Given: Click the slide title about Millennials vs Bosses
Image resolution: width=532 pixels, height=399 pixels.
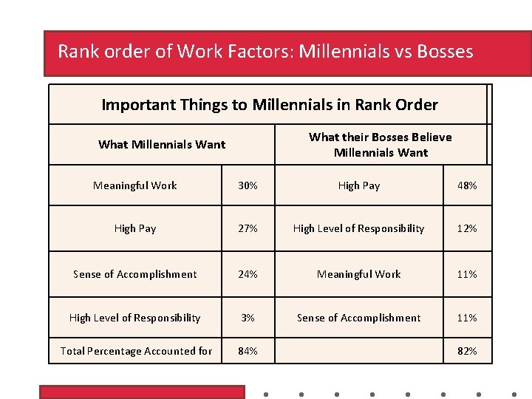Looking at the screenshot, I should (x=265, y=52).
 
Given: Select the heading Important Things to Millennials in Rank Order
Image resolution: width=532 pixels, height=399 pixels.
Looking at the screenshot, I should (x=269, y=105).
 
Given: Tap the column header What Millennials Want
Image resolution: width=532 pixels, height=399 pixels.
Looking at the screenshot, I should (x=162, y=145).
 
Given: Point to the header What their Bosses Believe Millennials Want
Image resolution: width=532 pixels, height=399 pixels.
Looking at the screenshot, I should (x=381, y=145).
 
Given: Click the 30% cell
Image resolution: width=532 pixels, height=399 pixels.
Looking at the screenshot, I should (x=248, y=185).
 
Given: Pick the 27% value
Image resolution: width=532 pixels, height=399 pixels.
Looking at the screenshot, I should (x=248, y=228).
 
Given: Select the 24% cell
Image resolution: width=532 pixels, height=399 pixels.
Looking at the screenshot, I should (x=248, y=274).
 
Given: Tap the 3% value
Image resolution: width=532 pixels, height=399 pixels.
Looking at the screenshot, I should (x=248, y=318).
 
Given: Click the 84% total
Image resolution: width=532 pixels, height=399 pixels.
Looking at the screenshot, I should (x=248, y=351).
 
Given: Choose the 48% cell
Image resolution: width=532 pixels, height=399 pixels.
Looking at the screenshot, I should (x=467, y=185).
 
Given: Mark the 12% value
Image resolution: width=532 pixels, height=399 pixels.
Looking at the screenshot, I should (x=467, y=228).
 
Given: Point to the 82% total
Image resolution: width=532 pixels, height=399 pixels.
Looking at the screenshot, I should (x=467, y=351).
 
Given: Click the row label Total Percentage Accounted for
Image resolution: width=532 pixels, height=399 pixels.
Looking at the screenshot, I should (x=136, y=351).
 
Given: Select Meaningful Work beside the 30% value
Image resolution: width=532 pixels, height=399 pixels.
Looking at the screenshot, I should (x=135, y=185).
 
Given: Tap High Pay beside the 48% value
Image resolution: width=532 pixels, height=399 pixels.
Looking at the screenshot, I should (x=359, y=185).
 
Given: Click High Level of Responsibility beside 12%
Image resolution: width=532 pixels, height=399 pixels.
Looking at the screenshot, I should (x=359, y=228).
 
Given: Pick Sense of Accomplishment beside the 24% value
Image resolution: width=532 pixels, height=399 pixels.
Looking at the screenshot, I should (x=135, y=274).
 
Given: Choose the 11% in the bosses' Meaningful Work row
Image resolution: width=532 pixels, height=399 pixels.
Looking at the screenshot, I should (x=467, y=274).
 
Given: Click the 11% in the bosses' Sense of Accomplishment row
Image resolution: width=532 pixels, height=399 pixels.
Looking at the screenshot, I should (x=467, y=318).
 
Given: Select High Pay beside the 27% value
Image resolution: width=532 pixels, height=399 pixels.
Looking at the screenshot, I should (x=135, y=228).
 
